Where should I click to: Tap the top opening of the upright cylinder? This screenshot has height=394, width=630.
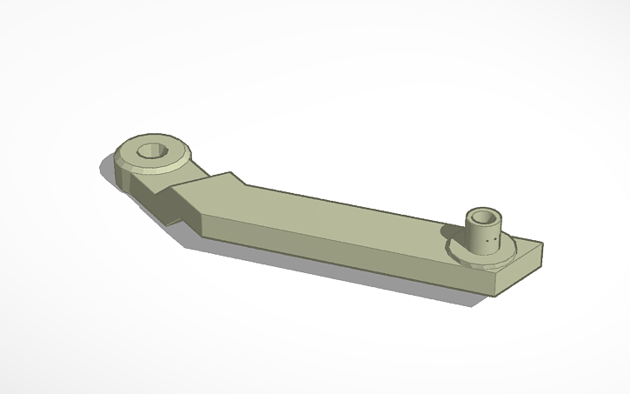click(x=481, y=216)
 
